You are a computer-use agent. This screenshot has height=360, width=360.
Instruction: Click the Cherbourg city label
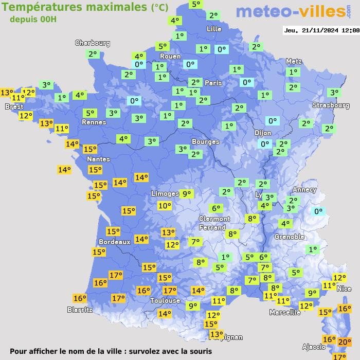tap(93, 43)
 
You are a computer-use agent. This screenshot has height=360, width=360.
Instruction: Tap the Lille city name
tap(214, 29)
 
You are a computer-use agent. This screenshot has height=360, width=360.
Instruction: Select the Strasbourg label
tap(331, 105)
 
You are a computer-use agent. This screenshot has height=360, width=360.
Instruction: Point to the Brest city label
tap(14, 107)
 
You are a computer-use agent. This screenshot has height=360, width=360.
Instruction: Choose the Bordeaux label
tap(114, 242)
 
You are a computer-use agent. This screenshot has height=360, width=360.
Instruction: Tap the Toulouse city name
tap(165, 300)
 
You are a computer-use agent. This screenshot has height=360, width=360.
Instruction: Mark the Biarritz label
tap(80, 310)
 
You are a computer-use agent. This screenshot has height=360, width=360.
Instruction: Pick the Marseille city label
tap(285, 312)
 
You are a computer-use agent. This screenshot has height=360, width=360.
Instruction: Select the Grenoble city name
tap(290, 237)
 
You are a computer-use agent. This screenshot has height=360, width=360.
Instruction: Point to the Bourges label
tap(205, 141)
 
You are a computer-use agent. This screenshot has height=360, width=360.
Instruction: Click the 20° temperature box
tap(345, 341)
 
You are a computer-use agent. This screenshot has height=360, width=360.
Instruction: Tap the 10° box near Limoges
tap(165, 206)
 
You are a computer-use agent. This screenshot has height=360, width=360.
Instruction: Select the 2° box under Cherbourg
tap(93, 53)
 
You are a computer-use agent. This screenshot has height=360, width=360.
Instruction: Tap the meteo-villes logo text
tap(291, 11)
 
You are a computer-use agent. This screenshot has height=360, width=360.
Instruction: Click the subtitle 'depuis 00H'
tap(33, 19)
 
